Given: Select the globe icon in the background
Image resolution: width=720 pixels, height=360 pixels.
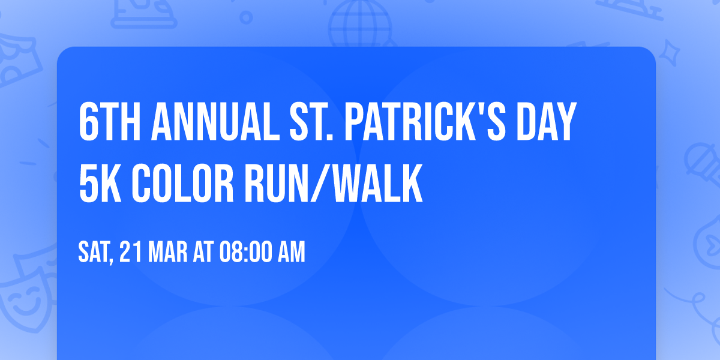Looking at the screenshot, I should (x=358, y=24).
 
